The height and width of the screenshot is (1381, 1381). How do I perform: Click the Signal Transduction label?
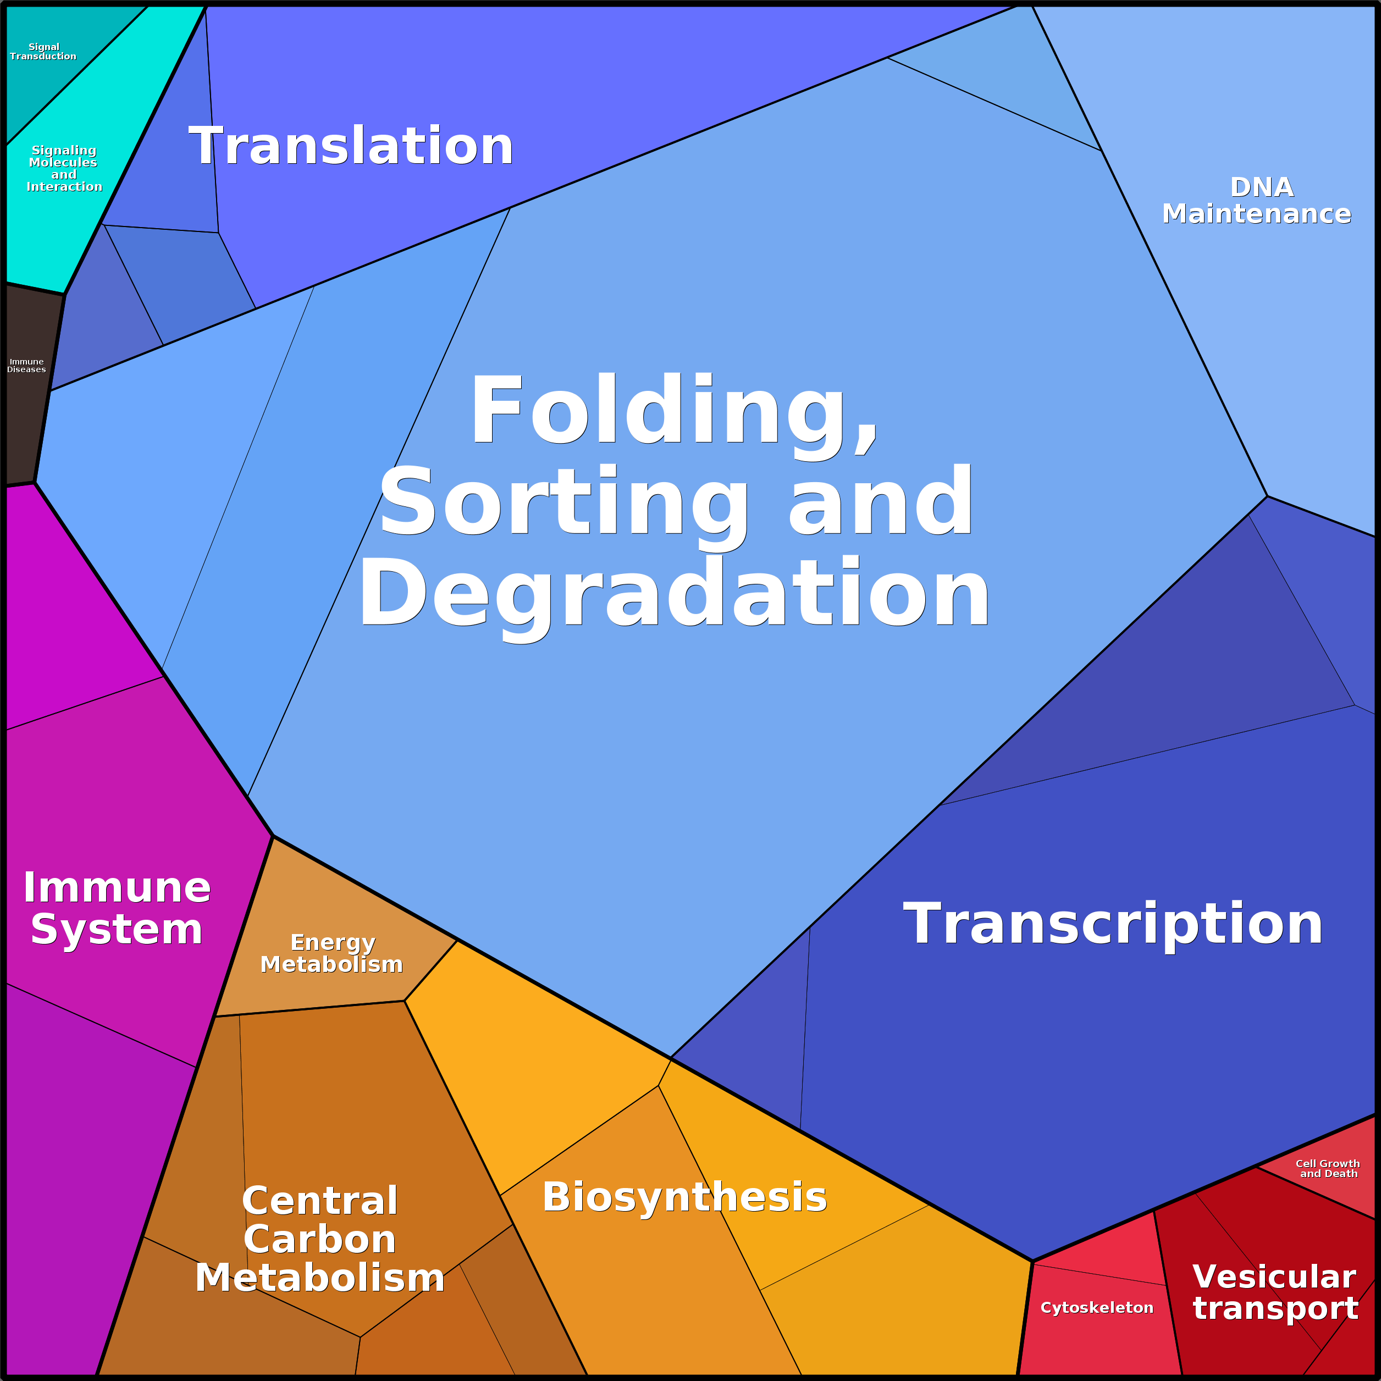(43, 52)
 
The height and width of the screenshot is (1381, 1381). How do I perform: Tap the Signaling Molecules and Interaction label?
(64, 168)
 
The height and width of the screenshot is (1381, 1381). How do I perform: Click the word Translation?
(351, 146)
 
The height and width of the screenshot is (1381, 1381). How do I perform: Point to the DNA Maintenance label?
(1257, 200)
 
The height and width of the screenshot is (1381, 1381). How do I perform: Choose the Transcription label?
(1113, 924)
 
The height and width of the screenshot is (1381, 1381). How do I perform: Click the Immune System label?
(117, 908)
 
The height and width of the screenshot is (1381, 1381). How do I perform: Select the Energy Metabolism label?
(332, 953)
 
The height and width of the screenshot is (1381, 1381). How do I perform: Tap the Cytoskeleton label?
(1097, 1307)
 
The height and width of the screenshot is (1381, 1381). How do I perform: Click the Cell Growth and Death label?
(1328, 1169)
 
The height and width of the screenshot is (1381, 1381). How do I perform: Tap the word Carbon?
(319, 1239)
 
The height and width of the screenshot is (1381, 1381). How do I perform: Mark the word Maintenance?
(1257, 214)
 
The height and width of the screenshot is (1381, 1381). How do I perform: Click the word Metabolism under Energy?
(332, 964)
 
